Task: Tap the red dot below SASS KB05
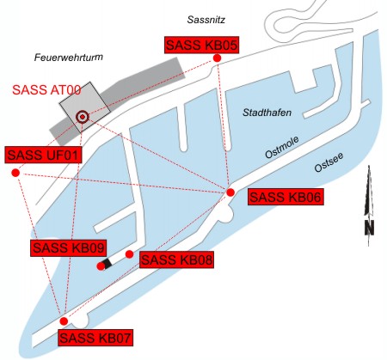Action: [x=217, y=58]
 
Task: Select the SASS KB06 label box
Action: [x=285, y=198]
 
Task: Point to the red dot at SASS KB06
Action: [x=230, y=192]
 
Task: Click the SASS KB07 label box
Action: [x=95, y=338]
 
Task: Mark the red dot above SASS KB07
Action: [x=64, y=320]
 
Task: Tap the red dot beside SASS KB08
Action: [x=129, y=254]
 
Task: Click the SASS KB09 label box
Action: [x=68, y=247]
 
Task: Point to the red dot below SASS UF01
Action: [x=15, y=174]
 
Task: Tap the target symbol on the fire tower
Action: [x=83, y=116]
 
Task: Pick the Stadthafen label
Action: [x=266, y=113]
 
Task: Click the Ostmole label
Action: [x=281, y=151]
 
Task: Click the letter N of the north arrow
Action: [x=369, y=228]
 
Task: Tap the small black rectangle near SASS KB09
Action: [x=107, y=263]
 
